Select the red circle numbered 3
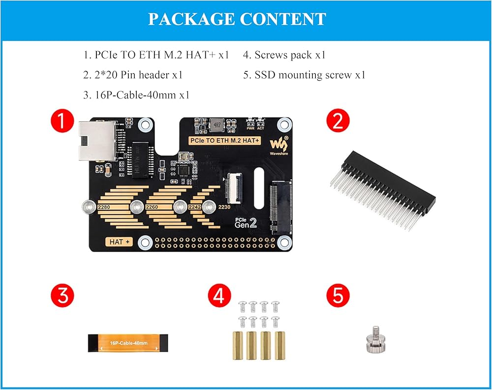(63, 296)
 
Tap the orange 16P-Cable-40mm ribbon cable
(129, 342)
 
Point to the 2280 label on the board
(104, 208)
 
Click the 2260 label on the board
(152, 208)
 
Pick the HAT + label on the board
(120, 242)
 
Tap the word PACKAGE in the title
(191, 19)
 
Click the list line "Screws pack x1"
(284, 55)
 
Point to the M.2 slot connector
(281, 207)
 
